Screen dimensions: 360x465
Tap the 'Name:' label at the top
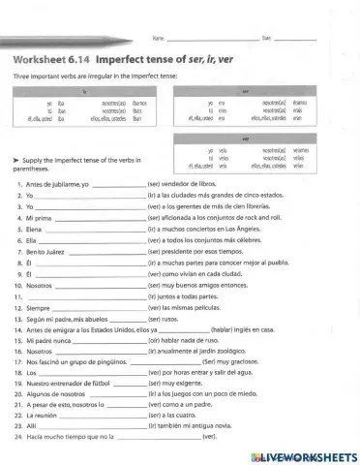coord(159,37)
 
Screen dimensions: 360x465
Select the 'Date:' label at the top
coord(266,37)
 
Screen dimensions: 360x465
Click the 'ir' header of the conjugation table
coord(85,87)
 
